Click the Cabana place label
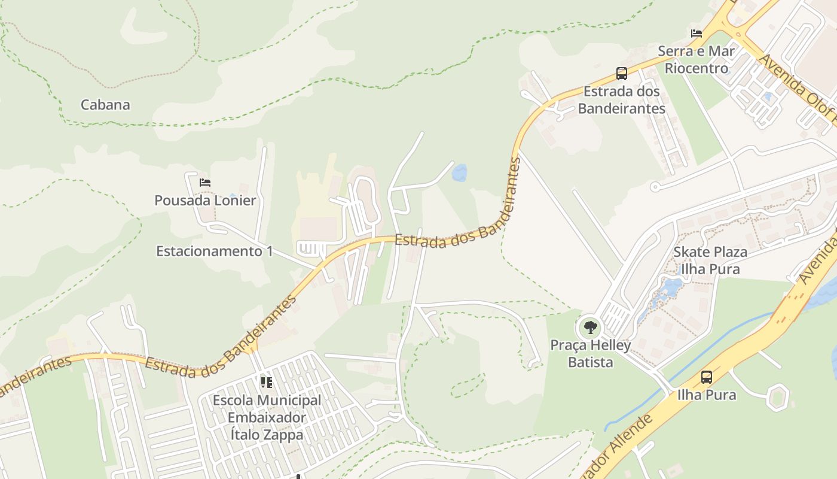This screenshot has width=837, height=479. pos(105,105)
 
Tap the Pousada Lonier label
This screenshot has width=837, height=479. pos(205,201)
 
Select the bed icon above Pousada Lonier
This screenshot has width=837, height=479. pos(205,182)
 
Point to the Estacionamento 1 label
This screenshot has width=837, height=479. pos(214,251)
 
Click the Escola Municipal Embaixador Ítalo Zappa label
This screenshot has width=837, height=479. pos(267,417)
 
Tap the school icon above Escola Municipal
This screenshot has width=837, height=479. pos(267,382)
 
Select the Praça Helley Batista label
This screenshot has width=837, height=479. pos(590,354)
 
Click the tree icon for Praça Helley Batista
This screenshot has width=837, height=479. pos(591,328)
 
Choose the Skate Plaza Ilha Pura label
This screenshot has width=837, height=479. pos(710,260)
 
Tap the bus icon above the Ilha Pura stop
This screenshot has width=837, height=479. pos(707,377)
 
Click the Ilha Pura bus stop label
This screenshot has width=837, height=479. pos(707,395)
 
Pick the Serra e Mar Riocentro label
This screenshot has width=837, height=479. pos(697,60)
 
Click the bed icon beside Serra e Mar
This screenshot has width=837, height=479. pos(697,34)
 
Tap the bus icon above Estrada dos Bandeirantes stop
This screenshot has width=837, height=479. pos(622,74)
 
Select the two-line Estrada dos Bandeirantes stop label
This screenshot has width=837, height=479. pos(622,100)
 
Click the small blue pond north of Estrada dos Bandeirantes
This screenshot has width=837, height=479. pos(459,174)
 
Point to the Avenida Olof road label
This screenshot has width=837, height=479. pos(798,84)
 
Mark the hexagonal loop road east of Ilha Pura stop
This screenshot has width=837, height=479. pos(777,398)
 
